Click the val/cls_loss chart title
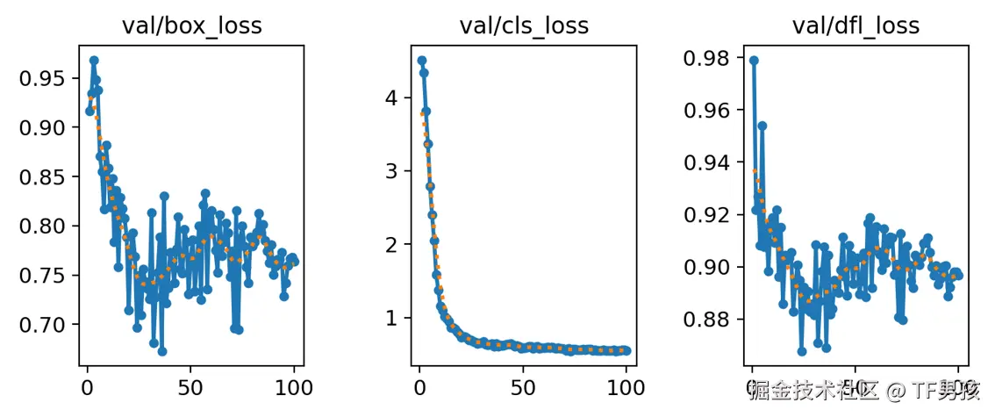(x=524, y=26)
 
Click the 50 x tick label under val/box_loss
(x=190, y=385)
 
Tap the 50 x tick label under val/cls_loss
(x=523, y=385)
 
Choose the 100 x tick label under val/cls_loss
(x=626, y=385)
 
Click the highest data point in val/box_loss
(x=94, y=61)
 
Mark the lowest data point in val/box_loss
(x=162, y=351)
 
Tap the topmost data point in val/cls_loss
(x=422, y=61)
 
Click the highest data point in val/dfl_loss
(x=754, y=61)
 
